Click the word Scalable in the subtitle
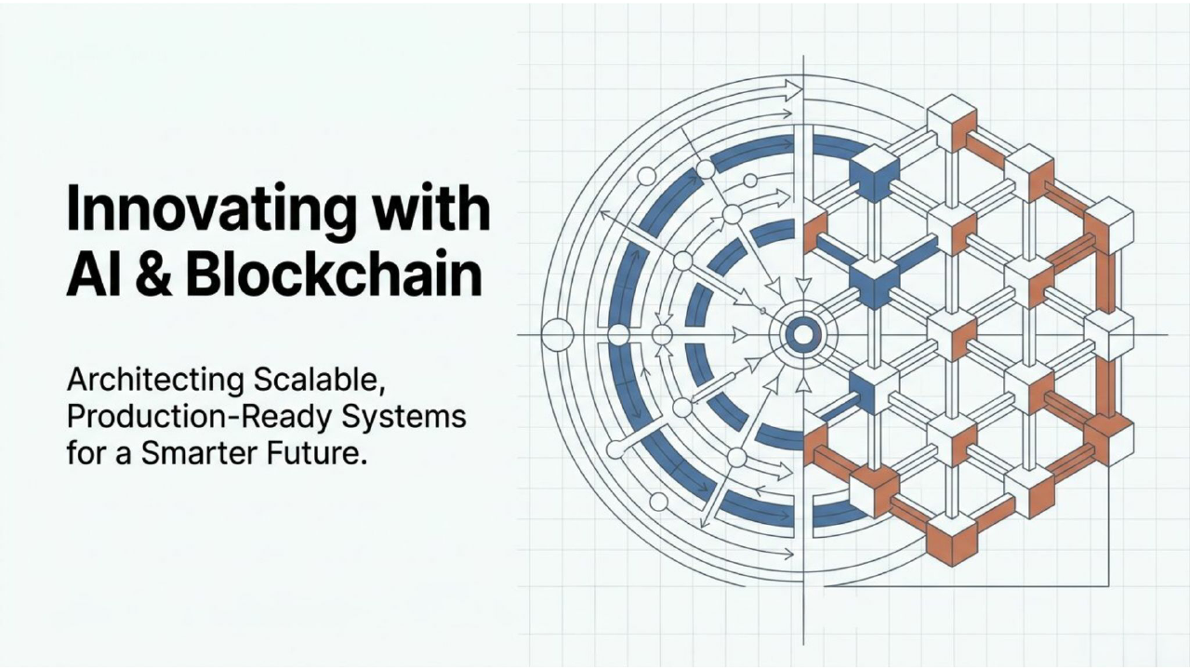318,381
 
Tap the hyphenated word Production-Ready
200,419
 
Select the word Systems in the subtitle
403,417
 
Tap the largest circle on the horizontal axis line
557,335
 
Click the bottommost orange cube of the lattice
952,539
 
